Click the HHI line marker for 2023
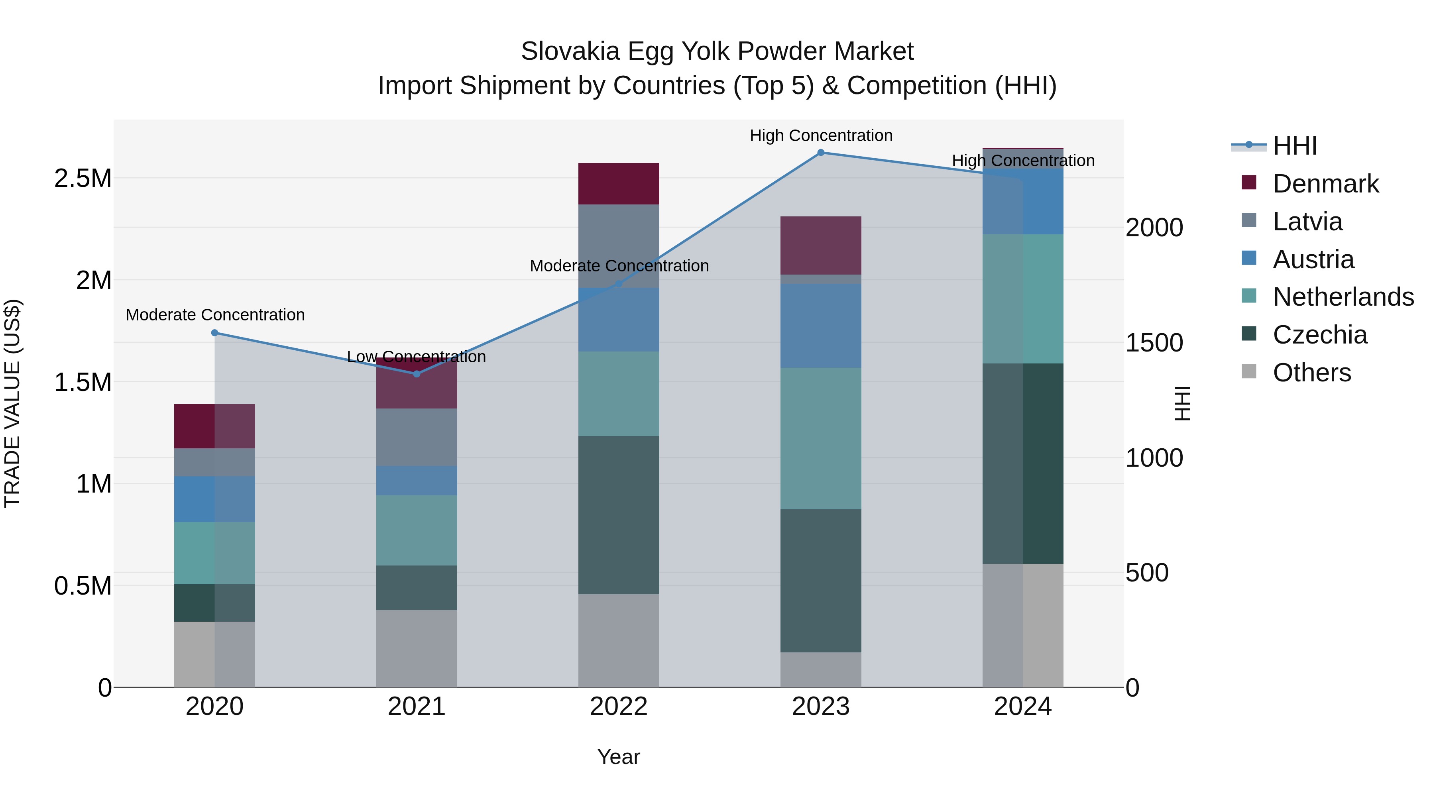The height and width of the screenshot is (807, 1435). pyautogui.click(x=821, y=153)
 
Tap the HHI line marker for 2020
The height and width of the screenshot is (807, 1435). pyautogui.click(x=214, y=333)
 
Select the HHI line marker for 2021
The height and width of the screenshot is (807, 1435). pyautogui.click(x=417, y=374)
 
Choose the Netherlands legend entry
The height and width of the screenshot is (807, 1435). pyautogui.click(x=1343, y=297)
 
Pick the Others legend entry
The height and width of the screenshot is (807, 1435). pyautogui.click(x=1311, y=373)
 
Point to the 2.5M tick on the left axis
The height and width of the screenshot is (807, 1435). pyautogui.click(x=83, y=179)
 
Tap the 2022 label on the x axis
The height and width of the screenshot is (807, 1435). pyautogui.click(x=618, y=707)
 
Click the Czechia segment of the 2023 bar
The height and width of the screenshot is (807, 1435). pyautogui.click(x=821, y=580)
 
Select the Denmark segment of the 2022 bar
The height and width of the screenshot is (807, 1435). pyautogui.click(x=618, y=184)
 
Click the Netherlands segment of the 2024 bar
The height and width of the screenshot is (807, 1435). pyautogui.click(x=1023, y=298)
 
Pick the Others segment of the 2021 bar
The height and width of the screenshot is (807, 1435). pyautogui.click(x=417, y=648)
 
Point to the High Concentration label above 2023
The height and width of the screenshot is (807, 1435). pyautogui.click(x=821, y=135)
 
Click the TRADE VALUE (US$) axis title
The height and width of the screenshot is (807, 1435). pyautogui.click(x=12, y=403)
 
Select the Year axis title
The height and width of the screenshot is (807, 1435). pyautogui.click(x=618, y=757)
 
